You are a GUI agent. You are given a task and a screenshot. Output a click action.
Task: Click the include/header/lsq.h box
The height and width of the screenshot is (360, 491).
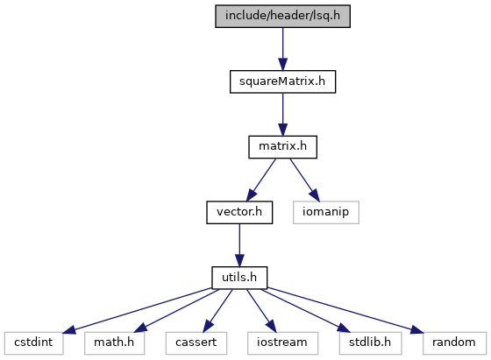(x=282, y=17)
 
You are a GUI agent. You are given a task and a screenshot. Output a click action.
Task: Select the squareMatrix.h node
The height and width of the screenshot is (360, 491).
(x=282, y=81)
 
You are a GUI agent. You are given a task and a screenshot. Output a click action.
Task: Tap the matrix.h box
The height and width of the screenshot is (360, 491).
(x=282, y=147)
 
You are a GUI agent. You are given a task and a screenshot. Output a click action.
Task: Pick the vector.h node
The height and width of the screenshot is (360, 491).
(x=239, y=212)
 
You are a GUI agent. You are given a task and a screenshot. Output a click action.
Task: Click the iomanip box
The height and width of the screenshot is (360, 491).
(x=325, y=212)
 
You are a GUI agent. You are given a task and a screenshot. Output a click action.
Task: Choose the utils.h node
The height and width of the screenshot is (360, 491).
(x=239, y=278)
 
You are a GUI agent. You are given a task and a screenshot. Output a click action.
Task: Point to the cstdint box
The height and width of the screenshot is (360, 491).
(x=33, y=343)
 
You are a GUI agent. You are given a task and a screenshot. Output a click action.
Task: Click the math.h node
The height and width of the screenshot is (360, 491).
(x=114, y=343)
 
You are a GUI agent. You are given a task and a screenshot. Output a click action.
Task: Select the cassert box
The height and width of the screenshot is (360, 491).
(x=196, y=343)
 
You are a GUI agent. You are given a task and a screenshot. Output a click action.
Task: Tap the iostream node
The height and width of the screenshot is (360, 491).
(x=282, y=343)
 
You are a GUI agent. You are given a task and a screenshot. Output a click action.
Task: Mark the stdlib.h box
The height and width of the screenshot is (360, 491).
(x=370, y=343)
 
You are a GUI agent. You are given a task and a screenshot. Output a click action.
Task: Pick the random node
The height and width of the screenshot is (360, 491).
(x=454, y=343)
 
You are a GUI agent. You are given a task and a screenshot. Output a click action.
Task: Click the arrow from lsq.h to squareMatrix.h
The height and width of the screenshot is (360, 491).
(x=282, y=49)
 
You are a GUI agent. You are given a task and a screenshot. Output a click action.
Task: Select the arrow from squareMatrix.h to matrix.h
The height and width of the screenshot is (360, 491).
(x=282, y=115)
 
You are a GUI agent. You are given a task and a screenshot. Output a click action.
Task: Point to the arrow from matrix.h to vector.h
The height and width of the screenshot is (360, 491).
(x=261, y=180)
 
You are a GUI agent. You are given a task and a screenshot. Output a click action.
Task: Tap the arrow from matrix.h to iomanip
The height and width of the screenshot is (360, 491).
(x=305, y=180)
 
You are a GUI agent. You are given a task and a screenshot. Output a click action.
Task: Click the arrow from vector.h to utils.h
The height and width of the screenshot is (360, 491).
(x=239, y=245)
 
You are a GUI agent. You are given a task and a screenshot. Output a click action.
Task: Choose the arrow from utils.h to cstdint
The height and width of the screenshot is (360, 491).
(x=138, y=310)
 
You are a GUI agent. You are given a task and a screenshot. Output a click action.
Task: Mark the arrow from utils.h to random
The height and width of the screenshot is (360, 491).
(x=345, y=310)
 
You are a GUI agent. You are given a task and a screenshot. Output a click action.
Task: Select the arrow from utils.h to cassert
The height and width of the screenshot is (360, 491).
(x=217, y=311)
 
